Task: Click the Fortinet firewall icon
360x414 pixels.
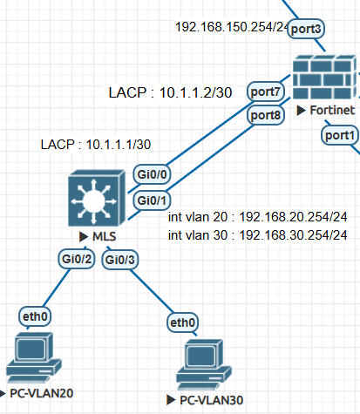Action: coord(324,77)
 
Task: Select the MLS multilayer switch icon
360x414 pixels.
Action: coord(97,198)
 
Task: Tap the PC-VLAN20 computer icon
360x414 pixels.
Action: coord(34,357)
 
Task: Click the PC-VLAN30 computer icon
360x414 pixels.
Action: coord(204,364)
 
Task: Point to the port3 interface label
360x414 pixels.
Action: coord(306,29)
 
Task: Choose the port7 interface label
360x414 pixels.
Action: coord(266,92)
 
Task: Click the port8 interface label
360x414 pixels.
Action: coord(266,115)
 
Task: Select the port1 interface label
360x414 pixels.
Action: coord(340,135)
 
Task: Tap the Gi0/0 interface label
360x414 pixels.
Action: coord(152,174)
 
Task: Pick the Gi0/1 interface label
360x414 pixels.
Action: coord(152,200)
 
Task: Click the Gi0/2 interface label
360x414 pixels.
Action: coord(77,259)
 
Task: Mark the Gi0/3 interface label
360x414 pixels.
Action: coord(120,260)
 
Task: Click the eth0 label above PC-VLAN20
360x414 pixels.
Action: coord(35,316)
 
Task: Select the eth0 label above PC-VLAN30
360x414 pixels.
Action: coord(182,322)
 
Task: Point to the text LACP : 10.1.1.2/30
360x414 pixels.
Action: coord(170,92)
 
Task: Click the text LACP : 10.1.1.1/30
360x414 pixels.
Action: coord(96,145)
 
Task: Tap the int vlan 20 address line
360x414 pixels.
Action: coord(258,217)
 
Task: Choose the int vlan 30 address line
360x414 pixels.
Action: coord(258,235)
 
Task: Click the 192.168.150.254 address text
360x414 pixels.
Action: coord(225,27)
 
